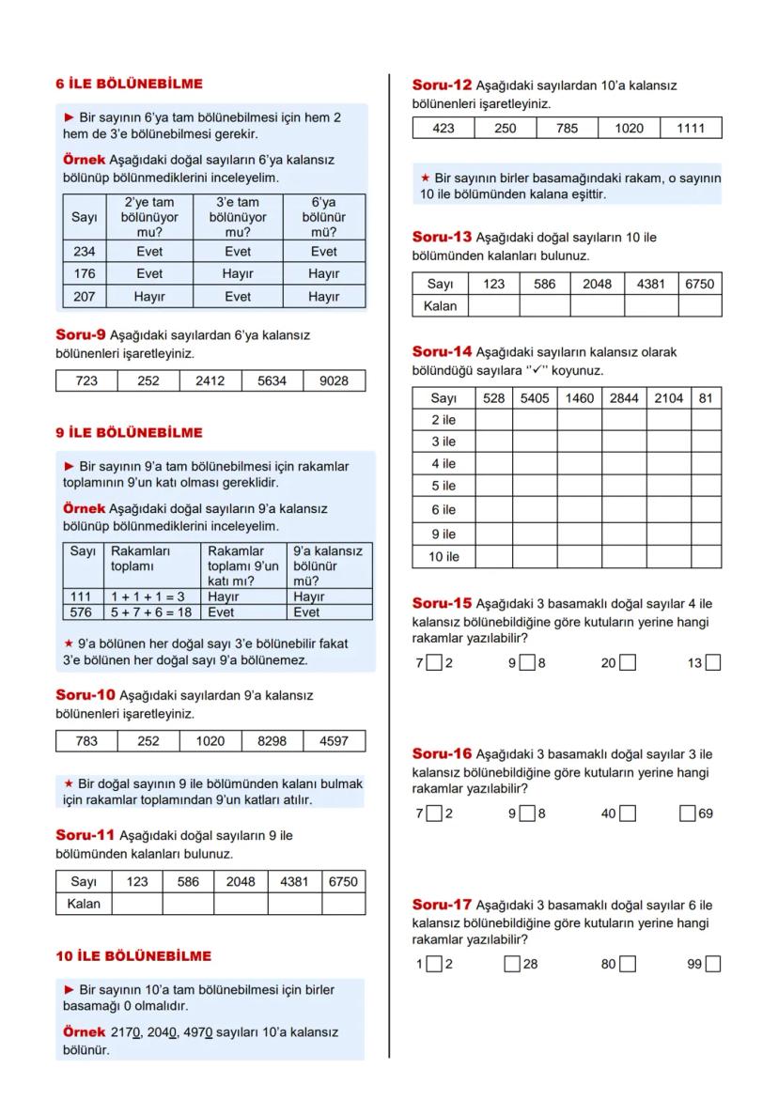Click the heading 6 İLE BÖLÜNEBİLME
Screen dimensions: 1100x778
pos(129,84)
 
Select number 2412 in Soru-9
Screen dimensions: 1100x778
pos(210,381)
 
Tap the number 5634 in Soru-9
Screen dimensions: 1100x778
pos(272,381)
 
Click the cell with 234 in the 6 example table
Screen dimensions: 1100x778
pos(85,252)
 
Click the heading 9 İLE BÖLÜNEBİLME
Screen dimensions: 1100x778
pos(129,432)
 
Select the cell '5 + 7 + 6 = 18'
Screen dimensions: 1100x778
pos(152,612)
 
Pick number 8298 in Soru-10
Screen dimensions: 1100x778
pos(272,740)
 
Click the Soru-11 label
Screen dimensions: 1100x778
pos(85,834)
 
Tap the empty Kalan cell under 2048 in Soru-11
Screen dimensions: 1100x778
pos(241,904)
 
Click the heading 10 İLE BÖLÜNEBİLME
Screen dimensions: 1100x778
pos(133,955)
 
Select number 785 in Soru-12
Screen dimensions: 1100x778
pos(567,129)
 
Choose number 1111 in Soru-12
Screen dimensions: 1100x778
pos(691,129)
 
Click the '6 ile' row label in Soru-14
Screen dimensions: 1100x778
pos(443,510)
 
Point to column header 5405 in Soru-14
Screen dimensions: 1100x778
pos(535,398)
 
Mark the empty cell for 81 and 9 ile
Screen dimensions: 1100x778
pos(706,534)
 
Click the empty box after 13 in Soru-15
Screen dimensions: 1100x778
pos(713,663)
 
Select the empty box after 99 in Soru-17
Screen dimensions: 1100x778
pos(713,964)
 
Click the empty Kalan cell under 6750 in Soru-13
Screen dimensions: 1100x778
pos(699,305)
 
